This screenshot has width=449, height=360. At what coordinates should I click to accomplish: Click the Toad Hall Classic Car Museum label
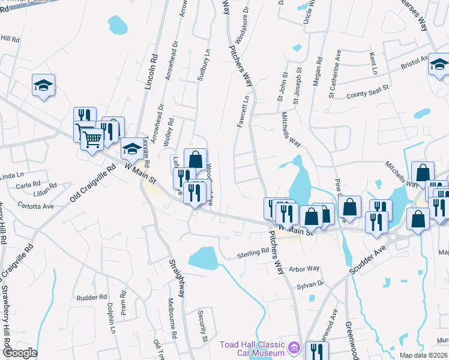[252, 349]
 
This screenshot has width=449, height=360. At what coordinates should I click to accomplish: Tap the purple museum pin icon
[293, 347]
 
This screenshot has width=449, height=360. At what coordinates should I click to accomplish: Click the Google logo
[20, 353]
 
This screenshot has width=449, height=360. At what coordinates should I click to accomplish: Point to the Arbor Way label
[305, 269]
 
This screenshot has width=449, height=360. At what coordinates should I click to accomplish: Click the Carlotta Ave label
[35, 206]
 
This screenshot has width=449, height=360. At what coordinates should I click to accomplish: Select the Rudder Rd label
[91, 297]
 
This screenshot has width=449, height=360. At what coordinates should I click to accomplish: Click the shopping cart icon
[92, 139]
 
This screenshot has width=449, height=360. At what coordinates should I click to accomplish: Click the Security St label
[203, 327]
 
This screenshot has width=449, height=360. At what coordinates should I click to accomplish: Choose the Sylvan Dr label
[313, 283]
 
